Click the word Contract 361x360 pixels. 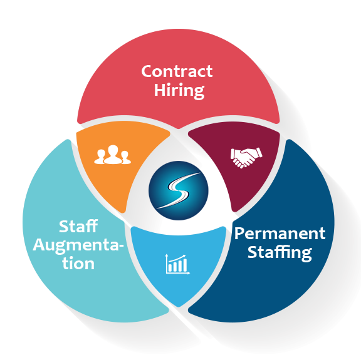[177, 71]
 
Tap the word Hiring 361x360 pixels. [179, 91]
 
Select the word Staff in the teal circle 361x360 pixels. [78, 227]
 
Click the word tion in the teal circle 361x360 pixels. [78, 263]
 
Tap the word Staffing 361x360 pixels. [280, 252]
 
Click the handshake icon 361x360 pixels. [246, 158]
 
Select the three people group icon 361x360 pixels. [113, 155]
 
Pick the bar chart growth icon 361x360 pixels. [177, 264]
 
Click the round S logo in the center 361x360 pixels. [179, 191]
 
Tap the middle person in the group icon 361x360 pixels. [113, 155]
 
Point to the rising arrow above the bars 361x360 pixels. [177, 259]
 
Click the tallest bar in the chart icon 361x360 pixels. [185, 265]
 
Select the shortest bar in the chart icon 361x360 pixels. [170, 268]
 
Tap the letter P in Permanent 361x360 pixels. [239, 234]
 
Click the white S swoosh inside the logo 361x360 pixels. [179, 190]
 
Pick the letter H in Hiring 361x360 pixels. [160, 90]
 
